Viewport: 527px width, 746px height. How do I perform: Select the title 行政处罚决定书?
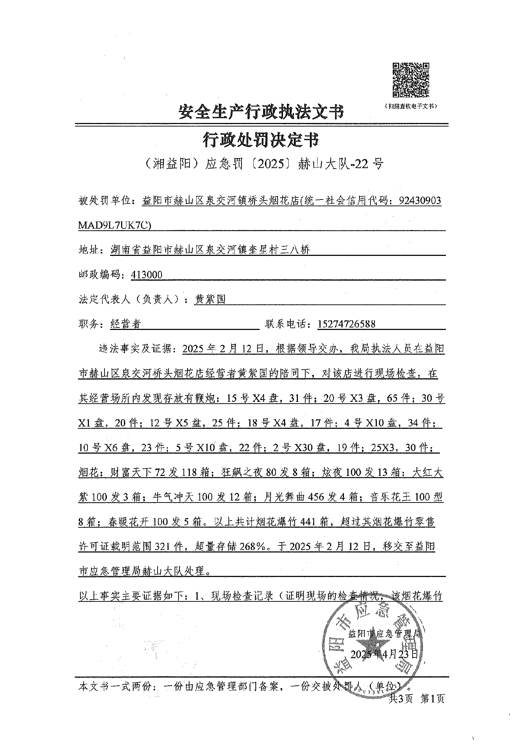[261, 140]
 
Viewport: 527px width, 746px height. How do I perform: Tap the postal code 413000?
[147, 275]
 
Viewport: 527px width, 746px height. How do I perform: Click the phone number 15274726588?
[346, 324]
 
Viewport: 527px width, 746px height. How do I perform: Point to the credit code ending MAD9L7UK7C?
[116, 225]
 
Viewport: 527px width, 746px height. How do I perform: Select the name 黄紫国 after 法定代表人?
[210, 299]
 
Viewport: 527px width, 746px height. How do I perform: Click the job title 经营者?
[126, 324]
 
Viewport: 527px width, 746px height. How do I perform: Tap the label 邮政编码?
[100, 275]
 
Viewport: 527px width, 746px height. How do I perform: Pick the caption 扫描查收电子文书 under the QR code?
[410, 106]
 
